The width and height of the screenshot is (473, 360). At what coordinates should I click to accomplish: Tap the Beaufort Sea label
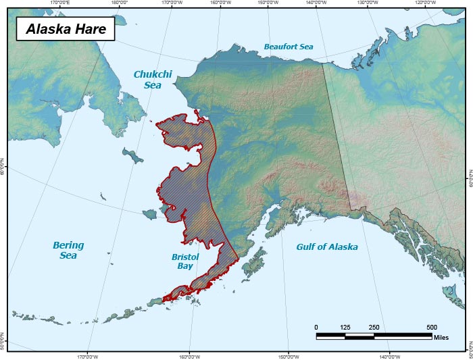click(288, 47)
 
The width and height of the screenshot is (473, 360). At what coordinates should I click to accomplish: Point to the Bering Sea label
click(68, 251)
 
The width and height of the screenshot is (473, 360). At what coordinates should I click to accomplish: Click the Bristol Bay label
click(184, 262)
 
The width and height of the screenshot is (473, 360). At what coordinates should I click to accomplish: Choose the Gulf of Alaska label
click(327, 247)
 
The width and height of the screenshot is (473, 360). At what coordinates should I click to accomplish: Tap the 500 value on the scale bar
click(431, 328)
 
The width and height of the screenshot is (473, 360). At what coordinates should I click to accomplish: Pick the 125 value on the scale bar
click(345, 328)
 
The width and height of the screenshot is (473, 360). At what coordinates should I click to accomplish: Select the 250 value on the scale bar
click(374, 328)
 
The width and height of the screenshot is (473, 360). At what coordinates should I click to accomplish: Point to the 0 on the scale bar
click(316, 328)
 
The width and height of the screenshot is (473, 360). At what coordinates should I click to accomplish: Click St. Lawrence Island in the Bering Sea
click(133, 156)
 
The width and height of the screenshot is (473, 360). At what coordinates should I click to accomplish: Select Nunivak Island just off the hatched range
click(149, 214)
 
